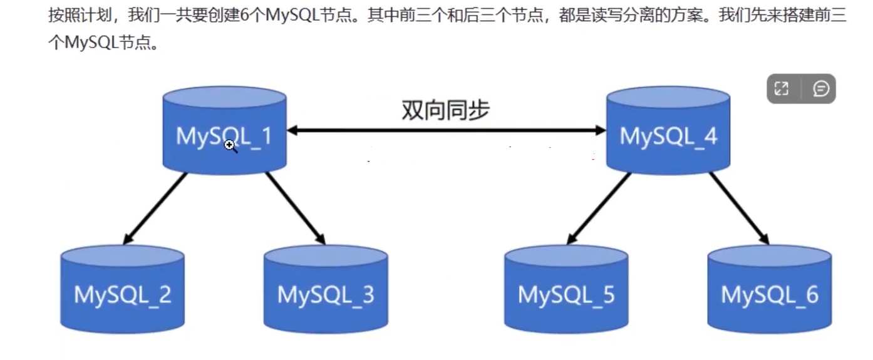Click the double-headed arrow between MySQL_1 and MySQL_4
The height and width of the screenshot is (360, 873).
tap(447, 131)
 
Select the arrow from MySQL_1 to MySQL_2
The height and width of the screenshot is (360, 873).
tap(155, 208)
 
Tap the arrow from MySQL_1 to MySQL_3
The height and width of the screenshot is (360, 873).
tap(296, 208)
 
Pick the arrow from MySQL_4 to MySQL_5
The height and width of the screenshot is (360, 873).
tap(599, 208)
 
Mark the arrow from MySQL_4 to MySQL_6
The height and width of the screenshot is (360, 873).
tap(739, 208)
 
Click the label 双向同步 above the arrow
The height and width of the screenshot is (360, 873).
tap(445, 110)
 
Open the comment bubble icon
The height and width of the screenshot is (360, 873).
tap(820, 89)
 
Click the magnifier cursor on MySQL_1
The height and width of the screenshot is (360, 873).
tap(230, 146)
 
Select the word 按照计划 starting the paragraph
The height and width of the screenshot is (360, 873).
tap(74, 16)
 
